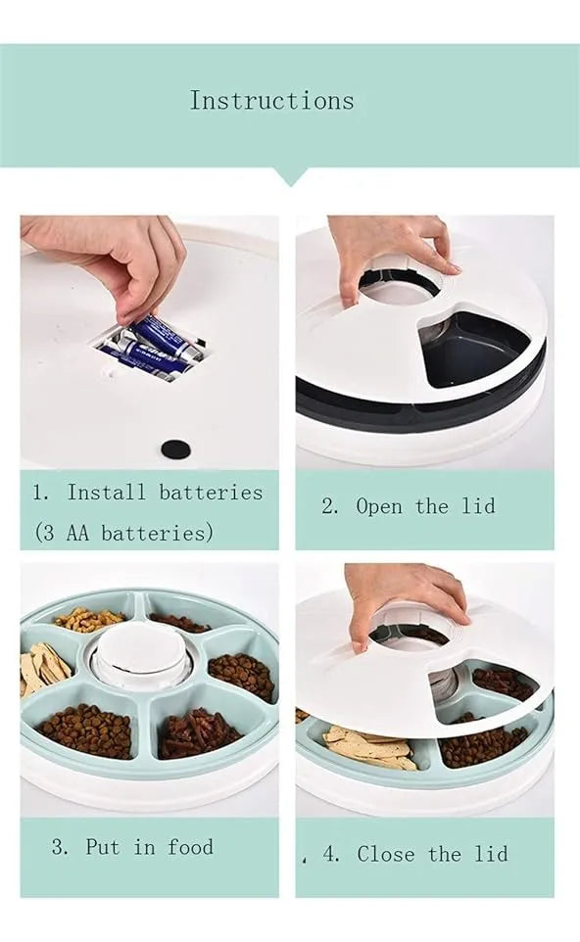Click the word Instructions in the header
(271, 100)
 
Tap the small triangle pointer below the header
(290, 176)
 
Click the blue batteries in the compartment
(153, 349)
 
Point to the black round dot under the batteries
(176, 448)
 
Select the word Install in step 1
(107, 493)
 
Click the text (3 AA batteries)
(123, 533)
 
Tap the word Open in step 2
(378, 506)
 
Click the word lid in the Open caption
(479, 505)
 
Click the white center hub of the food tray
(142, 654)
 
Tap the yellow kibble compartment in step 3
(90, 619)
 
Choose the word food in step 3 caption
(190, 847)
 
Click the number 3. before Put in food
(60, 847)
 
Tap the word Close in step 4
(385, 854)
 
